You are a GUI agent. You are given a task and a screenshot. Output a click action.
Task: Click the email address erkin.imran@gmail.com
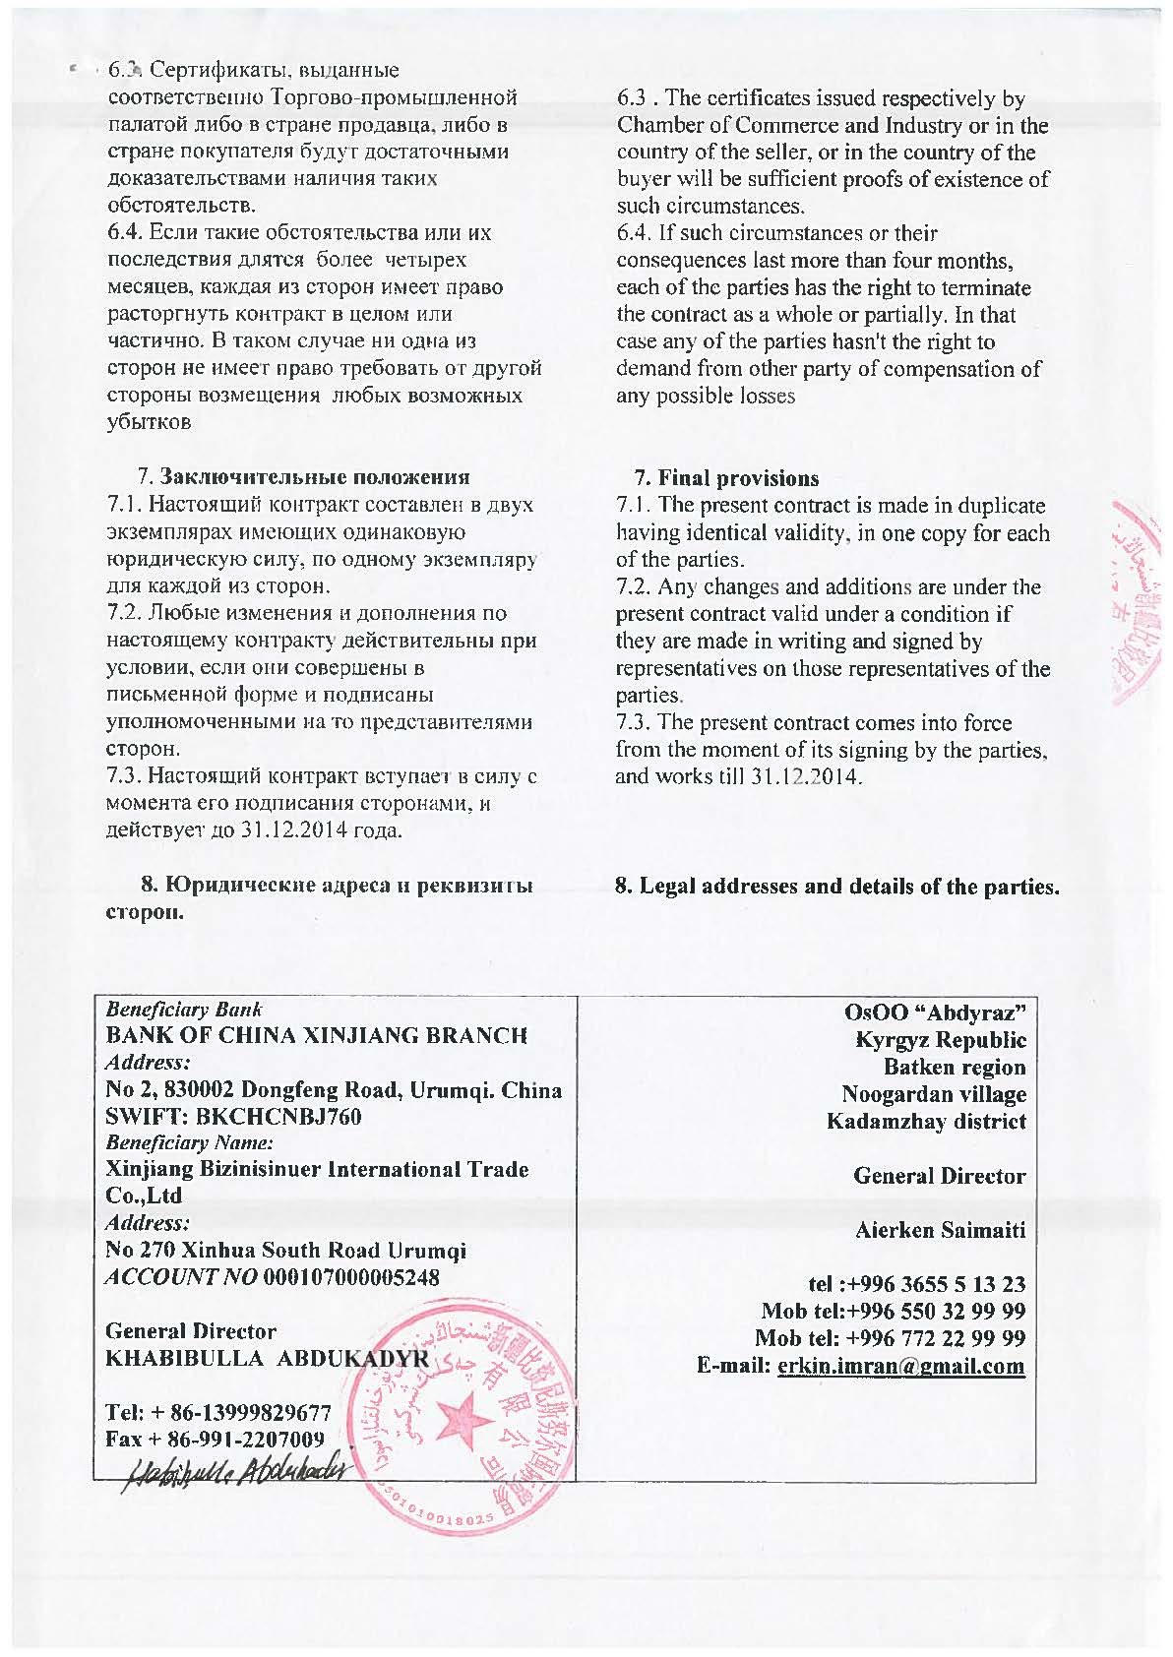[900, 1366]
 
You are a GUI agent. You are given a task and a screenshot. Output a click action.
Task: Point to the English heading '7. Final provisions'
[726, 478]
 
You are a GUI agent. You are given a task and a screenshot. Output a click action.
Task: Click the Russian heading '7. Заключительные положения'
[303, 477]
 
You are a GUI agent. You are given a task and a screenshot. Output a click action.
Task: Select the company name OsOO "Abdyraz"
[935, 1012]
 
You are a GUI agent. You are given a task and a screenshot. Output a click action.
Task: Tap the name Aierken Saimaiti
[940, 1230]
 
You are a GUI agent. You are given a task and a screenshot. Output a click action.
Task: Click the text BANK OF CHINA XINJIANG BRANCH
[317, 1036]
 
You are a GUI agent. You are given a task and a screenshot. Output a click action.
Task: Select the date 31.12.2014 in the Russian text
[294, 829]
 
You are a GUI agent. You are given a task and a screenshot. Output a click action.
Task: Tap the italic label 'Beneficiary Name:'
[189, 1143]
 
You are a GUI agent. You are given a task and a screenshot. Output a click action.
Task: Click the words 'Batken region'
[954, 1067]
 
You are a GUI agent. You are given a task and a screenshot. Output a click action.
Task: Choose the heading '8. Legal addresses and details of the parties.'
[837, 886]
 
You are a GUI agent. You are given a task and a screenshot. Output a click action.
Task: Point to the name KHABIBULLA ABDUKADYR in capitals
[267, 1359]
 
